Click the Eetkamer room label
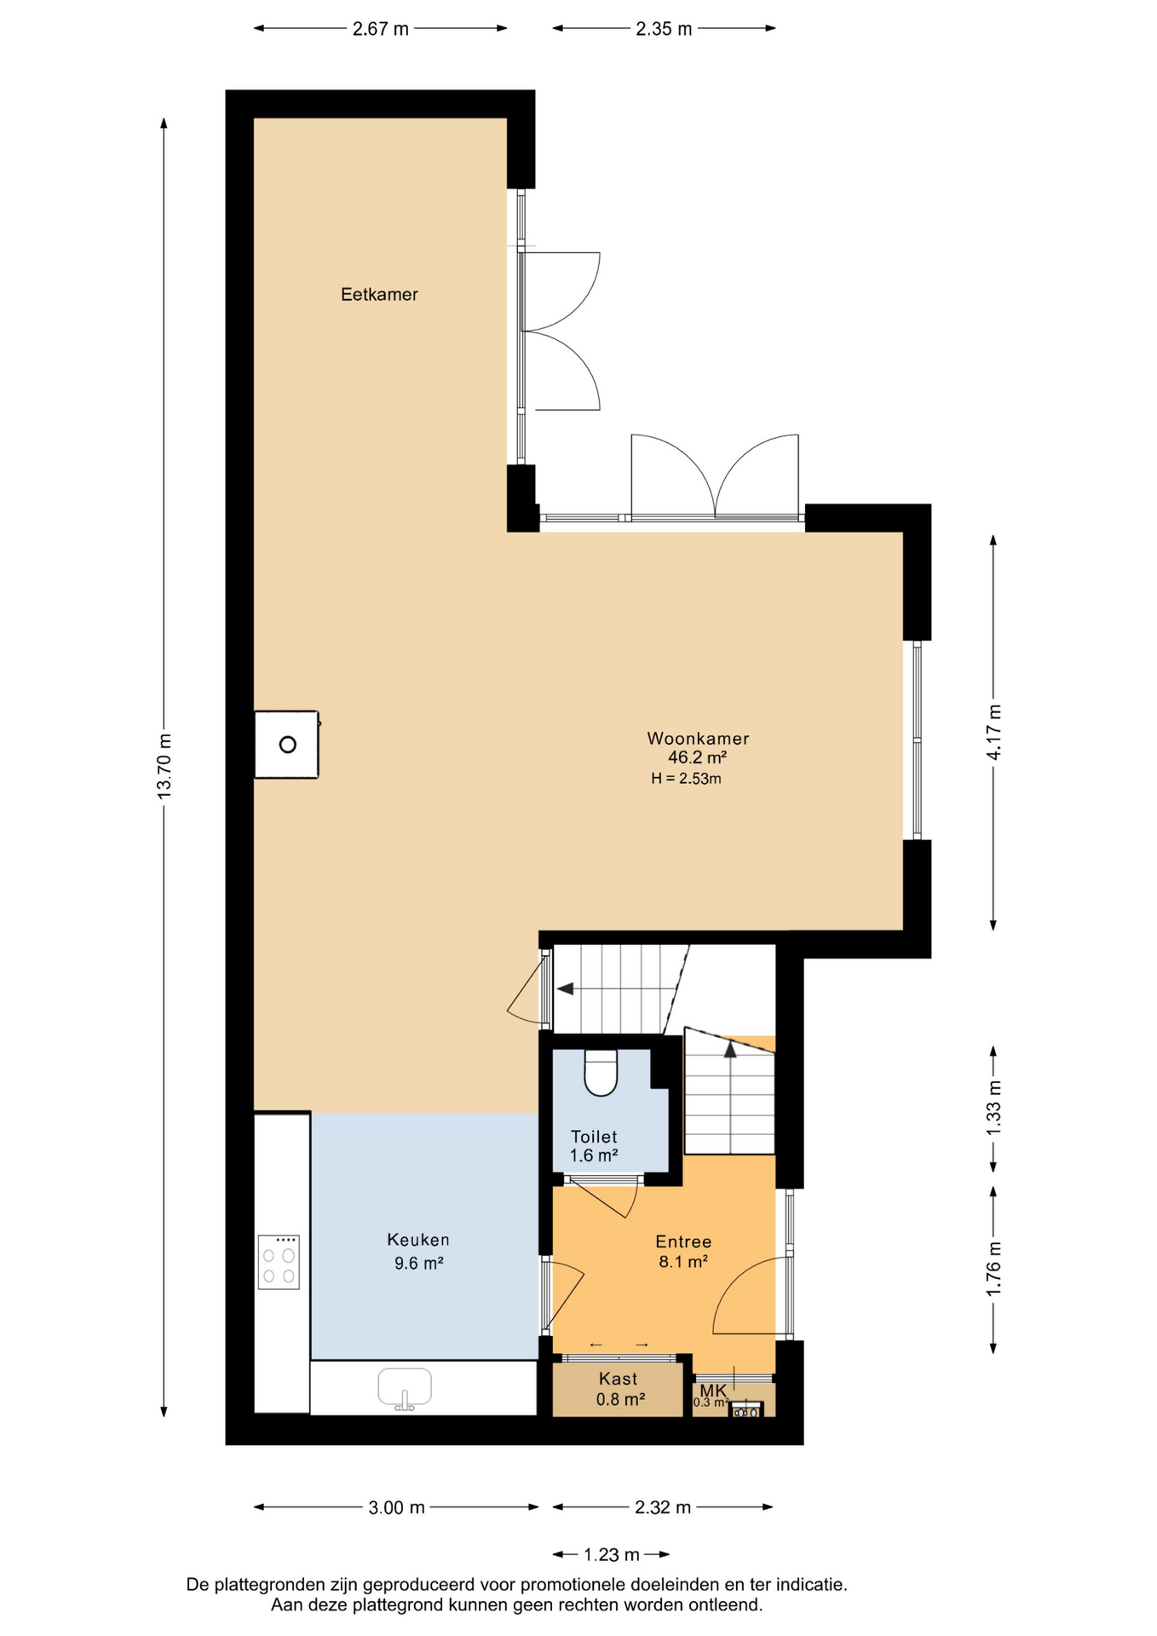pos(379,295)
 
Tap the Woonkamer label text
pos(698,739)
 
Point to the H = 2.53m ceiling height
pos(686,779)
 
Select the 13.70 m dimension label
pos(164,766)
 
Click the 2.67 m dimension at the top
pos(381,29)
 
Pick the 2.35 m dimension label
pos(664,29)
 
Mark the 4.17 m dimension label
pos(994,733)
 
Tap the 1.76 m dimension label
pos(994,1270)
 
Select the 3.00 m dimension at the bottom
pos(396,1508)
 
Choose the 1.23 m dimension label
pos(611,1555)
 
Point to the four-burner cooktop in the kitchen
pos(279,1262)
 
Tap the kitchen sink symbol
pos(405,1388)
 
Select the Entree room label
pos(683,1242)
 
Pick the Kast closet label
pos(619,1379)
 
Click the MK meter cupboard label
pos(714,1391)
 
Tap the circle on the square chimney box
pos(288,745)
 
